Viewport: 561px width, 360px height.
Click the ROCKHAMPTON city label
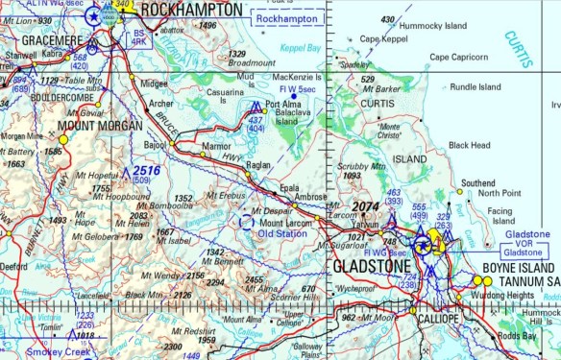pyautogui.click(x=191, y=10)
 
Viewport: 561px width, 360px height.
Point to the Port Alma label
pyautogui.click(x=285, y=105)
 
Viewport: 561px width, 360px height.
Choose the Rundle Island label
pyautogui.click(x=476, y=86)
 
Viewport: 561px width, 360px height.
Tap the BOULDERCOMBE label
pyautogui.click(x=64, y=96)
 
